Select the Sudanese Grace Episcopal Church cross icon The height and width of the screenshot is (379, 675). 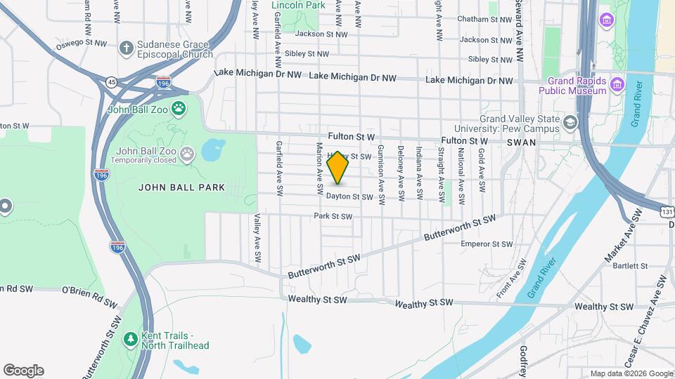click(127, 48)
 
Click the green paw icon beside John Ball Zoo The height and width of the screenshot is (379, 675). click(179, 109)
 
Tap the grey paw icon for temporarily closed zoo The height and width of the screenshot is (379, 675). click(187, 154)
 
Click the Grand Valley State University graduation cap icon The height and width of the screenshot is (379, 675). click(570, 124)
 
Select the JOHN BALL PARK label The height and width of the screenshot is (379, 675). click(181, 187)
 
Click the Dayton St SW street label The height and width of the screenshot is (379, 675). click(349, 197)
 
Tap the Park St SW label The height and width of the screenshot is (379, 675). click(333, 216)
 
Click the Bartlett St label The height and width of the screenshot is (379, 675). click(630, 266)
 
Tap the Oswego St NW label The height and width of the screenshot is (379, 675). click(82, 44)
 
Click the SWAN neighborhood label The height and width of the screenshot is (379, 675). click(521, 142)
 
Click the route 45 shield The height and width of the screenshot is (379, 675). click(111, 82)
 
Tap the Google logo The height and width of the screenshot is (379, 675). click(23, 371)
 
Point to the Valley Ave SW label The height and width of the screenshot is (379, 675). click(258, 239)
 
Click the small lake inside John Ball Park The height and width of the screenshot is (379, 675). click(213, 149)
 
